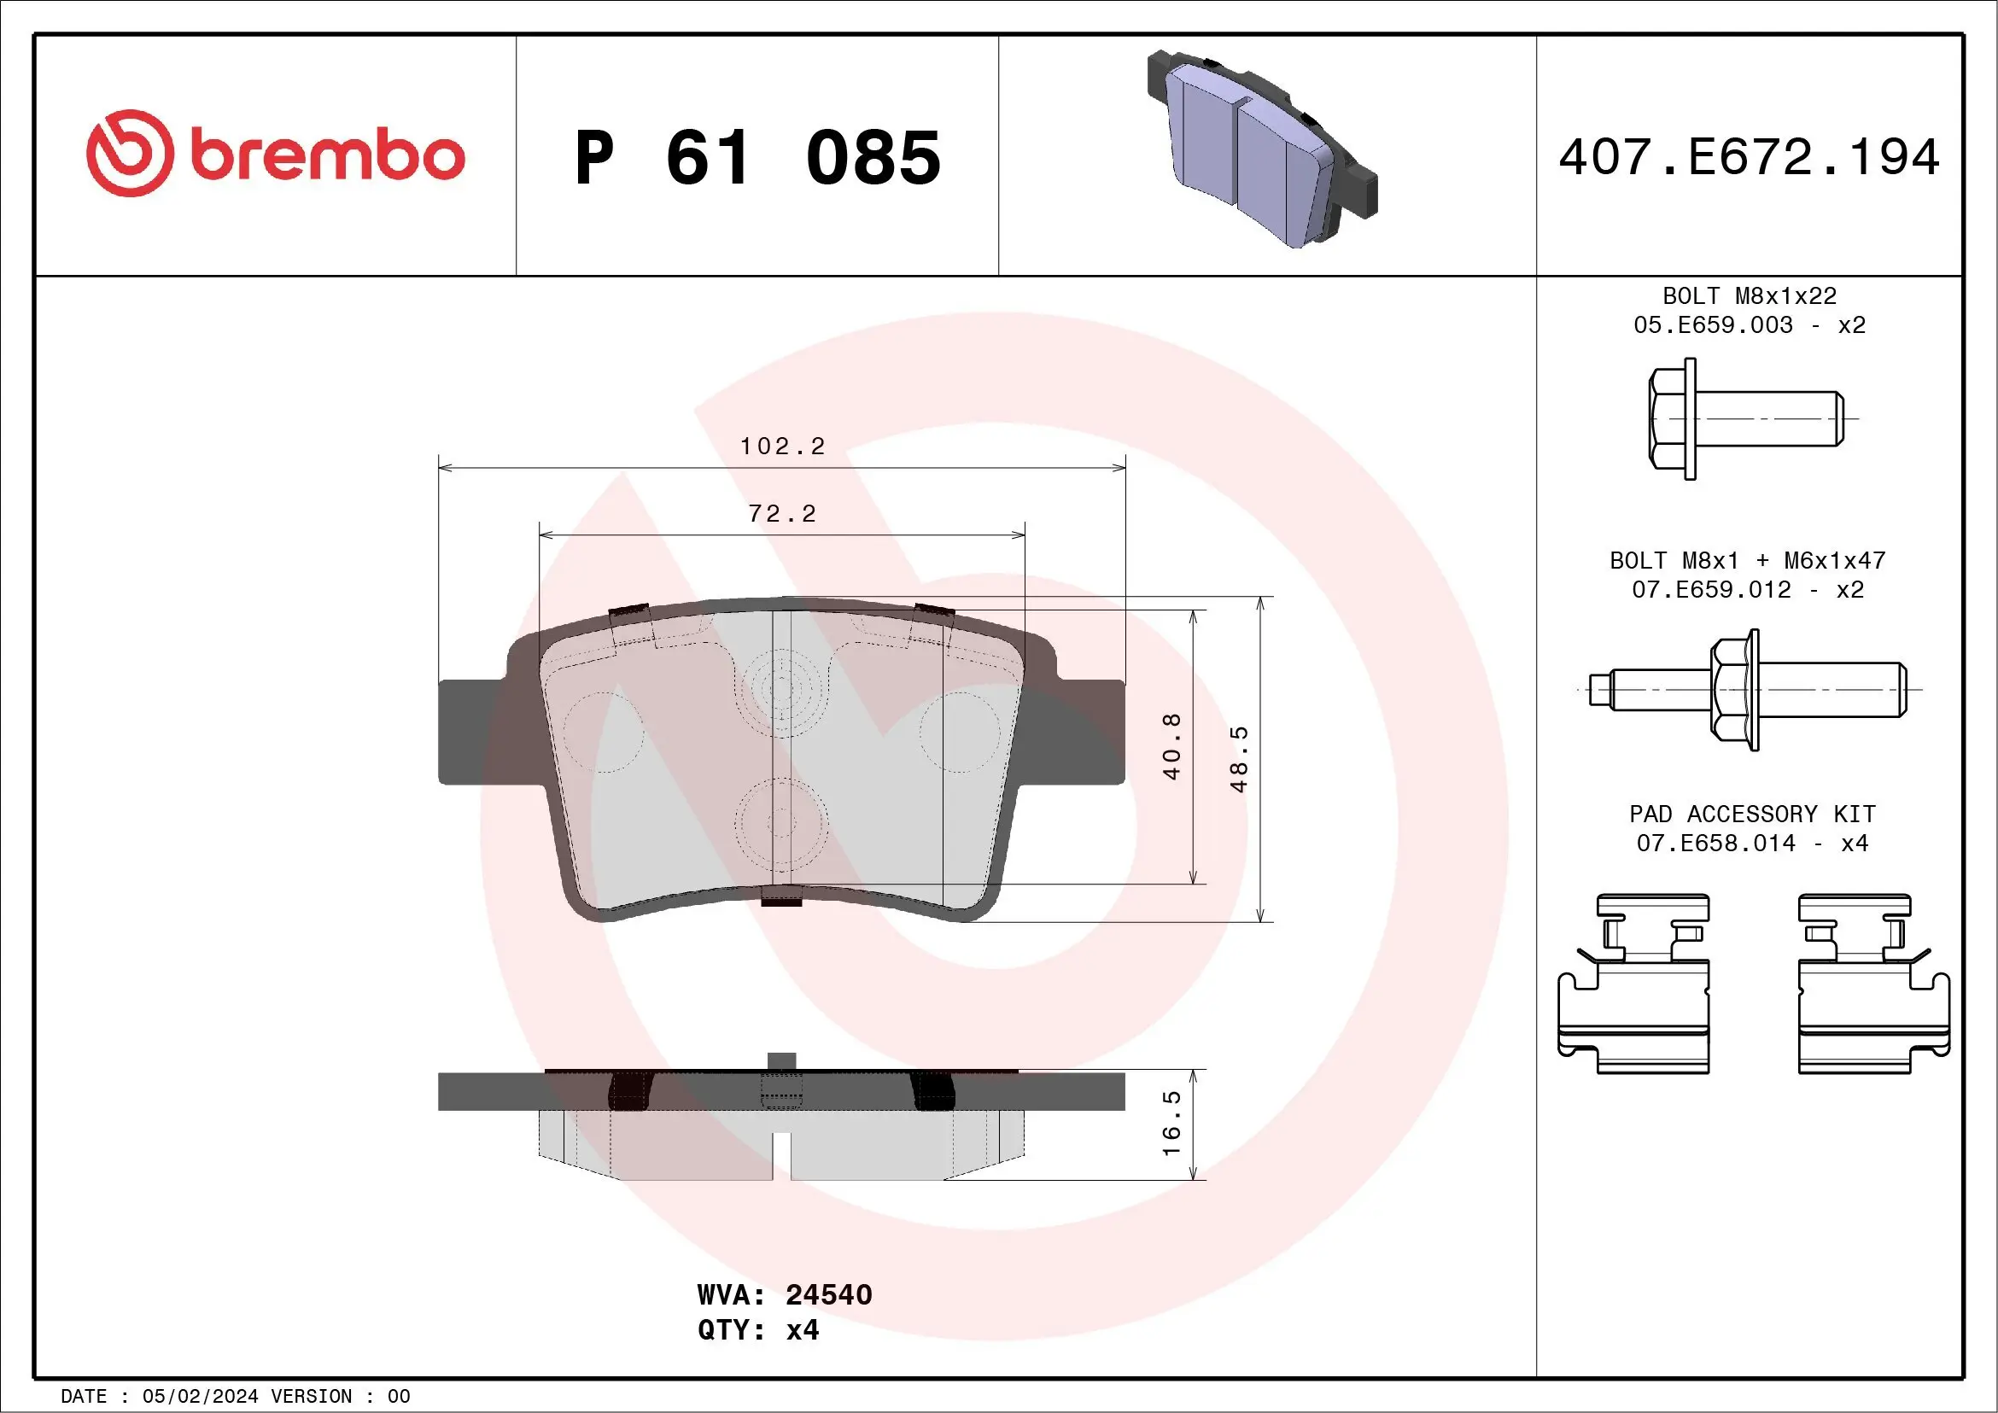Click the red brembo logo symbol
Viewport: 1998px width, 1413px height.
point(129,153)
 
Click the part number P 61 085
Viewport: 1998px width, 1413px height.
point(757,158)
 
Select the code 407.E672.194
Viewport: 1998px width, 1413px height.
point(1750,157)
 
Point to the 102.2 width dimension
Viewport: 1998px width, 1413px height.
point(781,447)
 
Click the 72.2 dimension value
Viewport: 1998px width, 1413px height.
point(781,514)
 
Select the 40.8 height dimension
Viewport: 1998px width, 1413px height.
point(1171,745)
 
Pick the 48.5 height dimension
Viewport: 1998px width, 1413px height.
point(1239,759)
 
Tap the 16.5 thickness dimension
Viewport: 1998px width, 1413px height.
point(1171,1124)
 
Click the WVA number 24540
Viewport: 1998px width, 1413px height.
point(827,1294)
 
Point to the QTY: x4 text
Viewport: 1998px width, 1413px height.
point(758,1330)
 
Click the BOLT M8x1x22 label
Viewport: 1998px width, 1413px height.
point(1750,295)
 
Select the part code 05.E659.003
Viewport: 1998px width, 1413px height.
point(1713,325)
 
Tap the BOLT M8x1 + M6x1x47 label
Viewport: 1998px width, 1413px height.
point(1747,560)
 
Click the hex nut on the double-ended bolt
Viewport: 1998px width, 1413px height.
point(1732,690)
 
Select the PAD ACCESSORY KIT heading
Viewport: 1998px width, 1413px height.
point(1752,814)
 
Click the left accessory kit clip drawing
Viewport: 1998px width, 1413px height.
point(1633,984)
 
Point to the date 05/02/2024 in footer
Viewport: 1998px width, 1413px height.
point(200,1397)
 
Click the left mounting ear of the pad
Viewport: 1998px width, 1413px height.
point(470,731)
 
